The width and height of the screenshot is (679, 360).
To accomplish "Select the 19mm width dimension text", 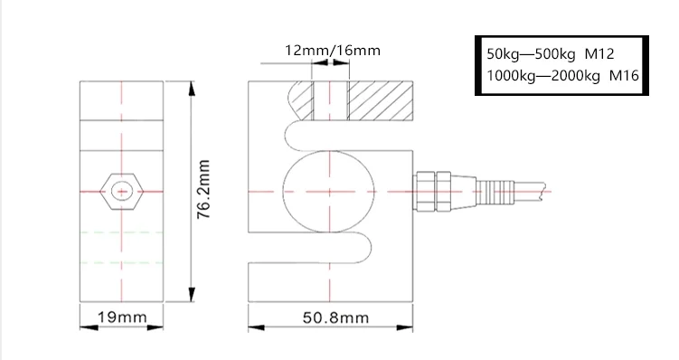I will point(121,317).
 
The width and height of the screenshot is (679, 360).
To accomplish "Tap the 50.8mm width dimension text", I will point(335,317).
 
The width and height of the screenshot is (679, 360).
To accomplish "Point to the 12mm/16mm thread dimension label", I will point(333,50).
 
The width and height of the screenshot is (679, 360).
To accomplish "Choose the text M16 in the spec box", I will point(624,76).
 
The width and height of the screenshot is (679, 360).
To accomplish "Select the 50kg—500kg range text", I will point(529,54).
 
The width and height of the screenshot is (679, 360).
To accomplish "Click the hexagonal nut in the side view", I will point(120,191).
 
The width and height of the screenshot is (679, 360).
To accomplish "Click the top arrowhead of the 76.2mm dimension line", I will point(192,89).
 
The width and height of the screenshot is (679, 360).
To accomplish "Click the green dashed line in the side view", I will point(120,233).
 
